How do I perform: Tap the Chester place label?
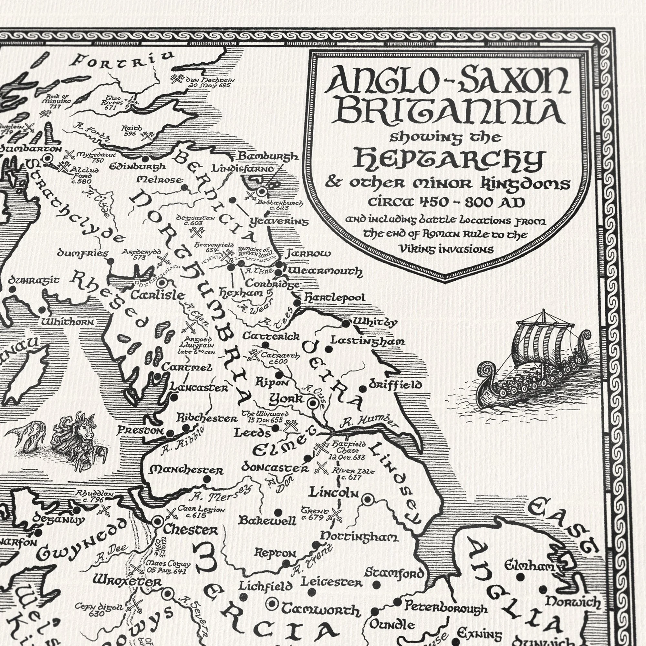[x=190, y=531]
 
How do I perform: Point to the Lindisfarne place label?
[x=243, y=169]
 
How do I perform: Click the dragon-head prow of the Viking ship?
[x=487, y=370]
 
